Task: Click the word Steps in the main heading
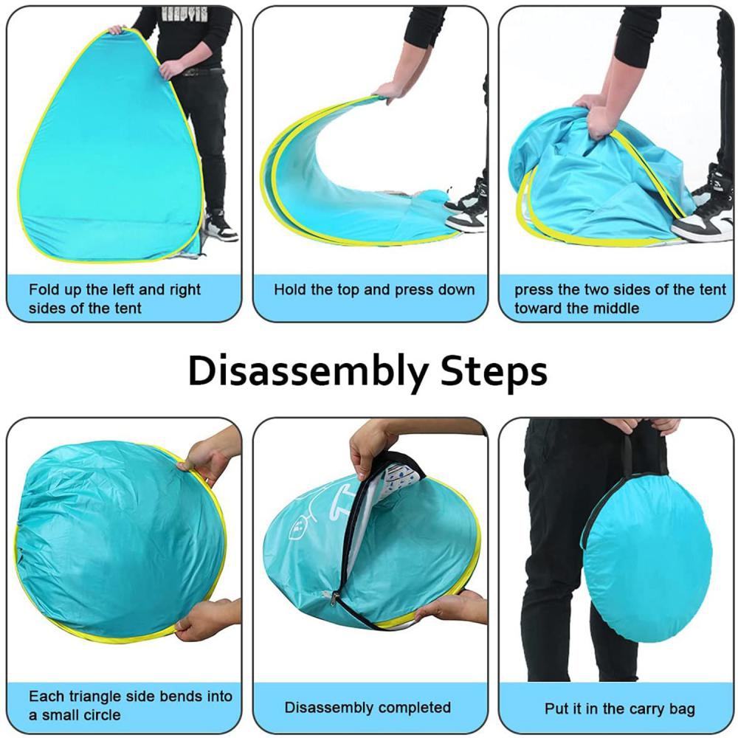494,373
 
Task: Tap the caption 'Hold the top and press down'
374,289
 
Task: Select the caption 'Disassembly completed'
368,708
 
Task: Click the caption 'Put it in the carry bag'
619,708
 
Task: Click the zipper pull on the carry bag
334,599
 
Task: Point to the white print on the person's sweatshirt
184,13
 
